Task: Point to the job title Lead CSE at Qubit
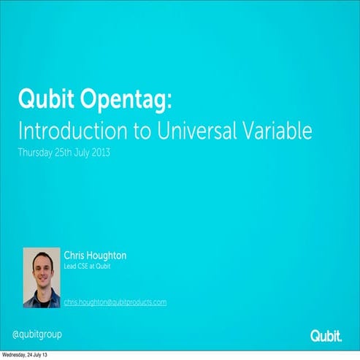click(87, 267)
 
